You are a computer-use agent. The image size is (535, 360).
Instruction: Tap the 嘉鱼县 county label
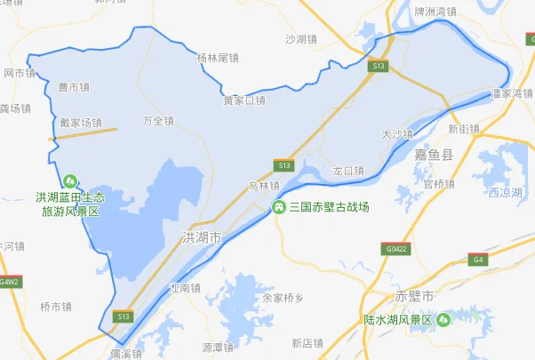click(434, 156)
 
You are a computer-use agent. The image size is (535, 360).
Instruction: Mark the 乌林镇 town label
click(263, 186)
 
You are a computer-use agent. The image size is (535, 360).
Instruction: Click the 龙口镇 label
click(347, 170)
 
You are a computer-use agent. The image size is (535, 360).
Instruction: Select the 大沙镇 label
click(397, 134)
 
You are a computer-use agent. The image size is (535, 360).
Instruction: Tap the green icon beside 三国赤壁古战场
click(278, 207)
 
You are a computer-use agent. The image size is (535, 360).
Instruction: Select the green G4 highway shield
click(478, 260)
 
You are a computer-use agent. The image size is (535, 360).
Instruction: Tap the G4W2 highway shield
click(9, 281)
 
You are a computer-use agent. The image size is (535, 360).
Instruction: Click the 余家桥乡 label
click(283, 298)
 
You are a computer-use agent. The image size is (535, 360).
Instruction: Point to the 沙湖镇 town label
click(301, 39)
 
